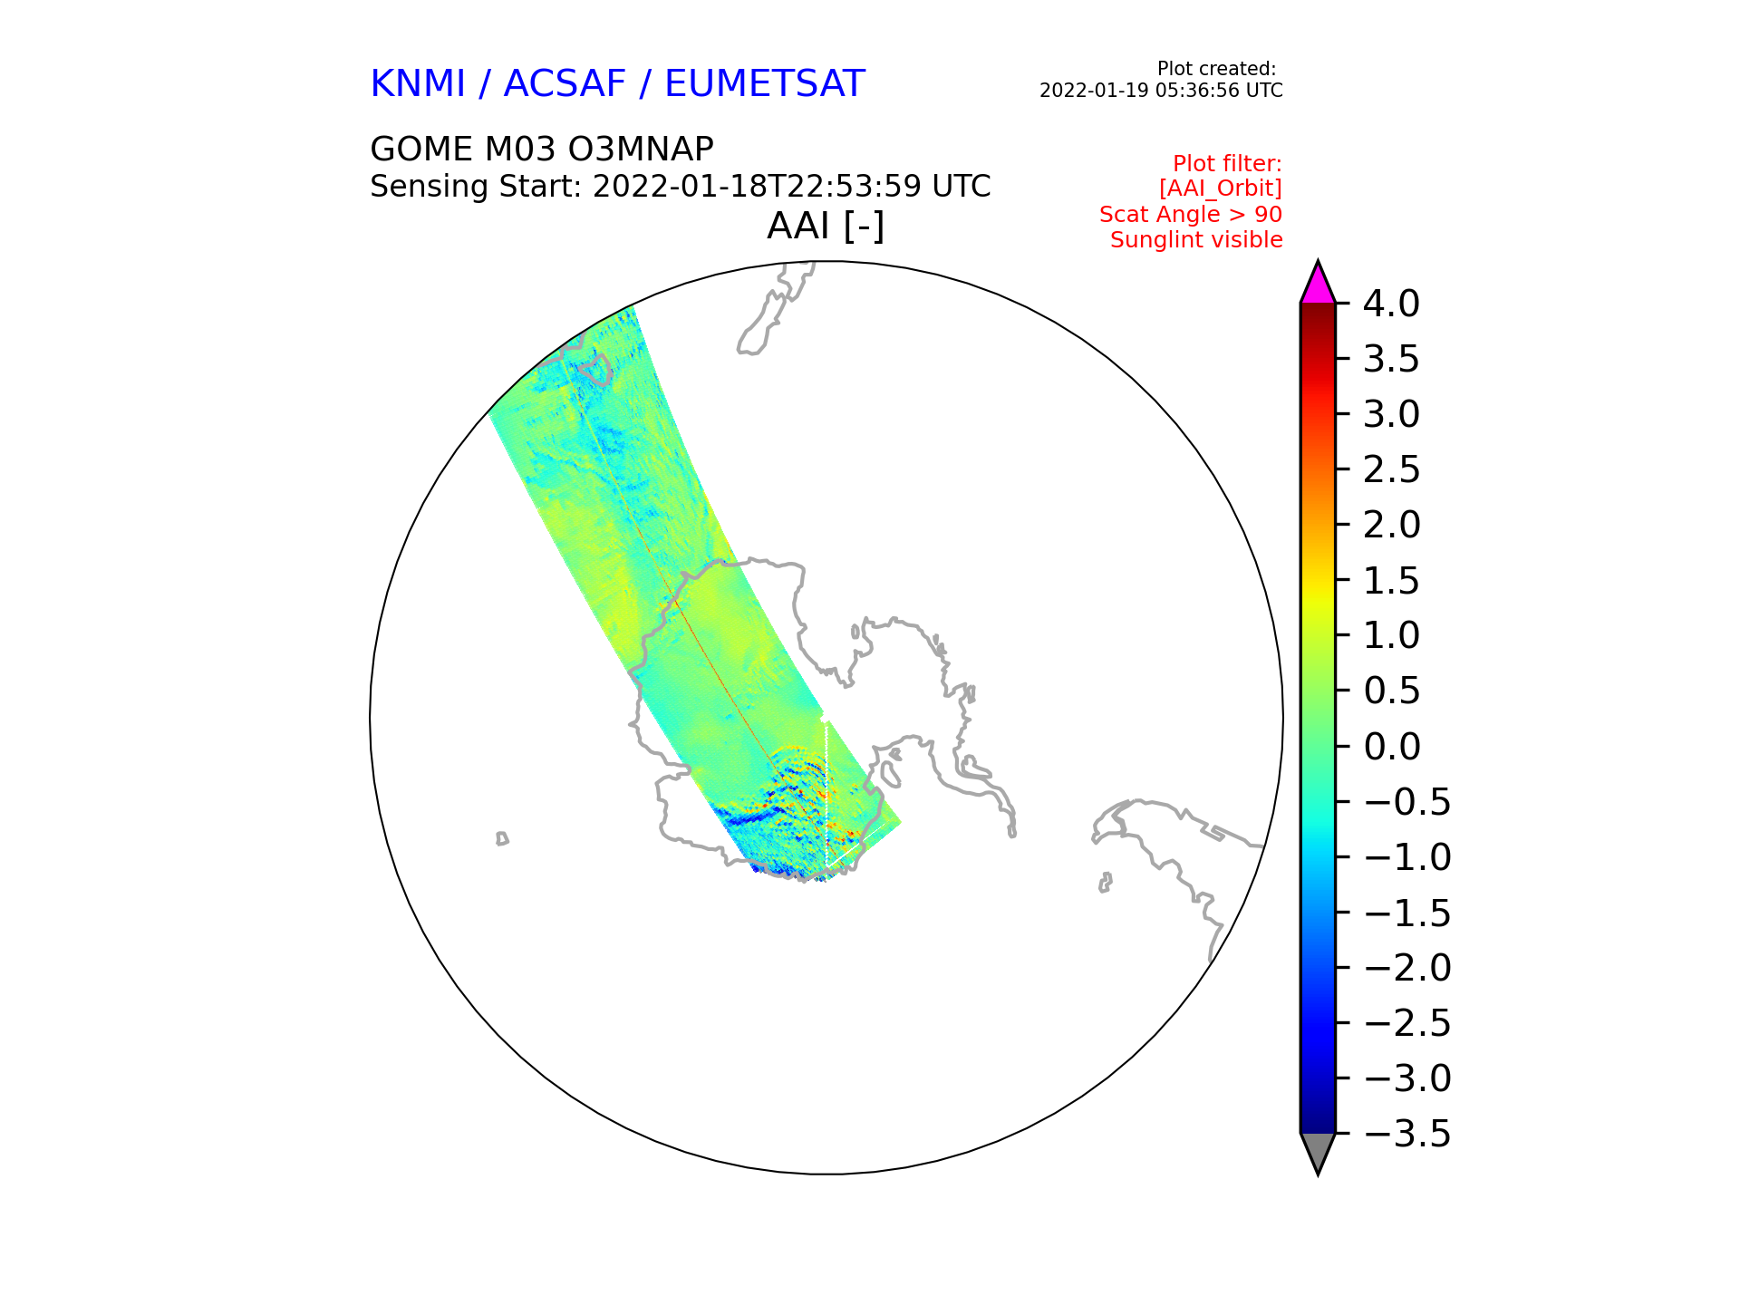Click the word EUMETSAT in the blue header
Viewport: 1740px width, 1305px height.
(x=765, y=84)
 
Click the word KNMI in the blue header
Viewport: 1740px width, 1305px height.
(x=418, y=84)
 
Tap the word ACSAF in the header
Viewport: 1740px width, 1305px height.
(x=565, y=84)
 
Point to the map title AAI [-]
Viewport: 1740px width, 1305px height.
(x=826, y=227)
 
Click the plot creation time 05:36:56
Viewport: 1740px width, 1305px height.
(x=1197, y=91)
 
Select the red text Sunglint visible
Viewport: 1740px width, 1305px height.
(x=1196, y=240)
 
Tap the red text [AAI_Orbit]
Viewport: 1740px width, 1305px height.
(x=1221, y=188)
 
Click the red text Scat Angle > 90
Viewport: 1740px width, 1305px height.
(x=1191, y=215)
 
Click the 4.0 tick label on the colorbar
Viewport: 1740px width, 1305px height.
(x=1391, y=304)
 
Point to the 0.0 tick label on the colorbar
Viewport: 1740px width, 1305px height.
(x=1391, y=747)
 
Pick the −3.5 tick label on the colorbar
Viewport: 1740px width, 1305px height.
(x=1406, y=1134)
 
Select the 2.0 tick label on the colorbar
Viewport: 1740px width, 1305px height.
(x=1391, y=525)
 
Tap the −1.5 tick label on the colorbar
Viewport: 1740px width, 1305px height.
(x=1406, y=913)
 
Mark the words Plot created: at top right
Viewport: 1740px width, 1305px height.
(x=1216, y=69)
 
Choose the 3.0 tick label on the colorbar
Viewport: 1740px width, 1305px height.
(x=1391, y=414)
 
